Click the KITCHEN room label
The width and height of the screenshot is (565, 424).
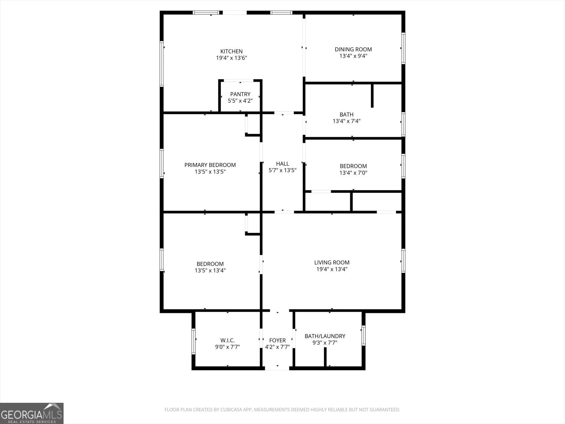231,51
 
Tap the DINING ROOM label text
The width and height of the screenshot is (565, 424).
353,49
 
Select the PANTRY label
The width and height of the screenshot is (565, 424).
240,94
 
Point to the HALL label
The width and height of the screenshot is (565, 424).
282,164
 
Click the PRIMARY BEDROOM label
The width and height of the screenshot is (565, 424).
210,165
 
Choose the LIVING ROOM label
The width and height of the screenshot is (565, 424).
332,262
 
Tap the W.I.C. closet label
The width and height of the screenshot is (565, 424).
227,340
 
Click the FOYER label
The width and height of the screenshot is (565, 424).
277,340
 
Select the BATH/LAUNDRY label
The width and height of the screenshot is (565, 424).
325,336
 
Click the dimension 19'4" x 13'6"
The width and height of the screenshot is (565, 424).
231,58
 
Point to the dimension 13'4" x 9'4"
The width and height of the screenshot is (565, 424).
353,56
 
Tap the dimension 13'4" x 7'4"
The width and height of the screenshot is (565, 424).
346,121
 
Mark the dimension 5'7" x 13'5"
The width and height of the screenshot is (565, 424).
282,170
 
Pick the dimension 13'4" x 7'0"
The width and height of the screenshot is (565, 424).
353,173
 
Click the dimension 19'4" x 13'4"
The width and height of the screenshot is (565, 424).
332,269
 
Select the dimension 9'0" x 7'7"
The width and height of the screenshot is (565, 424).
227,347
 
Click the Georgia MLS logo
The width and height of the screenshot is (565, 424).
32,413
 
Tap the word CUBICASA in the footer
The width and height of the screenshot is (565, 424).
232,410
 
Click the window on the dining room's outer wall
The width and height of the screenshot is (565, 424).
403,48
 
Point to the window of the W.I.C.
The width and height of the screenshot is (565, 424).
193,341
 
